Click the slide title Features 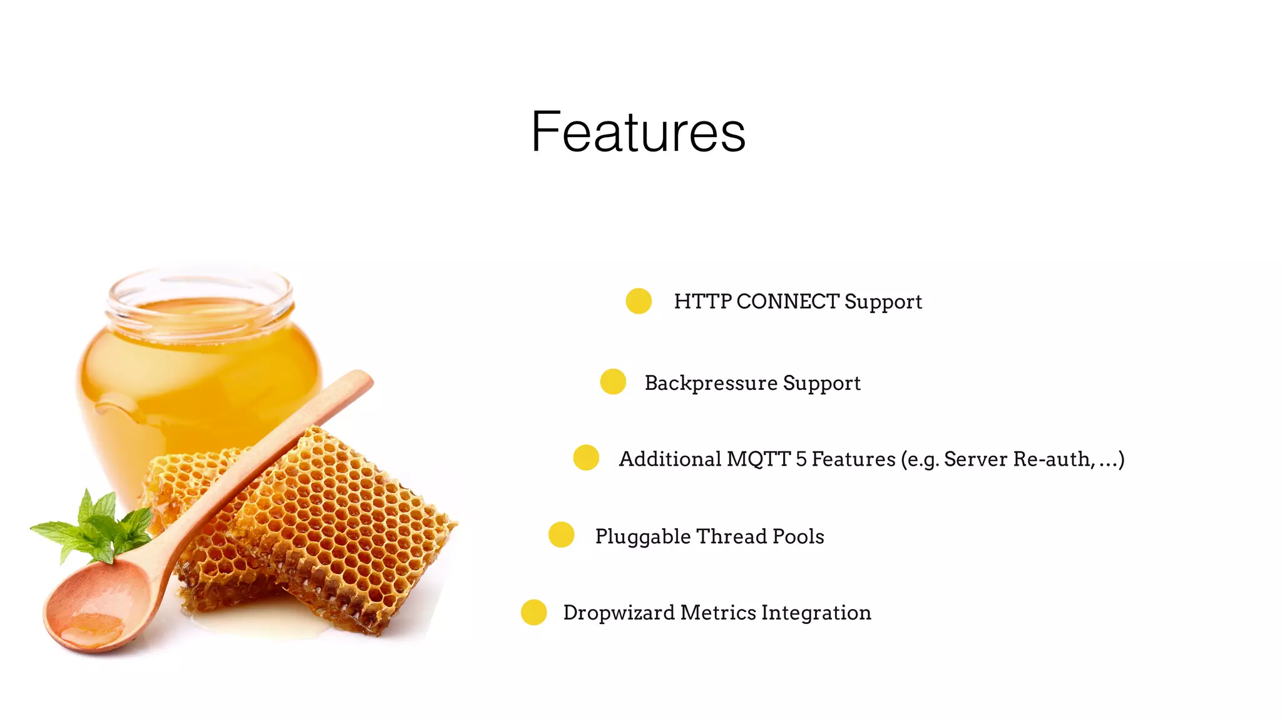pyautogui.click(x=638, y=132)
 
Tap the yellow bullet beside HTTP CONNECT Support pyautogui.click(x=638, y=301)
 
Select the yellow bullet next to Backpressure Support pyautogui.click(x=613, y=382)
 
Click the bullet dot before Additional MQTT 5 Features pyautogui.click(x=586, y=458)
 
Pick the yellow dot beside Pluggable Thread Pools pyautogui.click(x=561, y=535)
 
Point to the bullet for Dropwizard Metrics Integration pyautogui.click(x=534, y=612)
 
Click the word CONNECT pyautogui.click(x=787, y=302)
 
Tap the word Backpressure pyautogui.click(x=710, y=383)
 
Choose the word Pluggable pyautogui.click(x=642, y=537)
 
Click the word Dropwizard pyautogui.click(x=618, y=613)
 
